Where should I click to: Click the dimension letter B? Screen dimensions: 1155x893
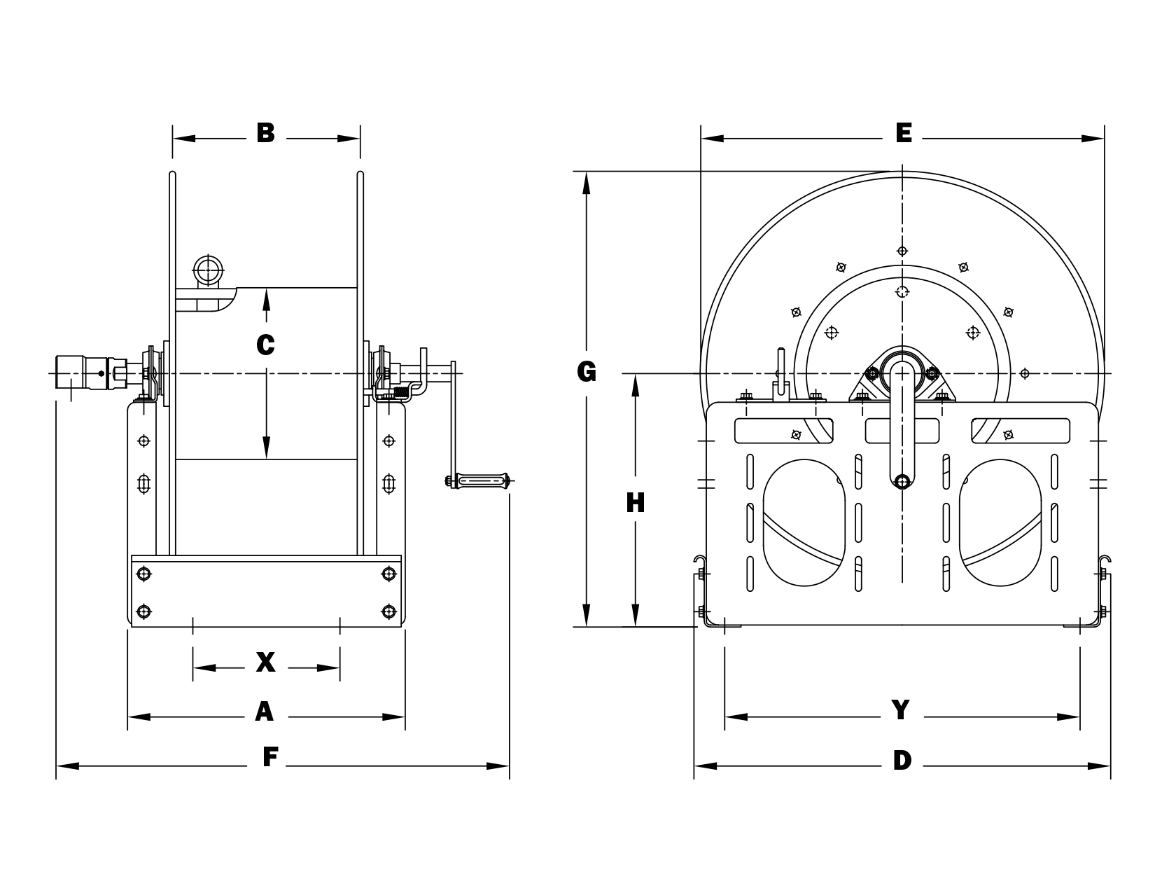click(x=266, y=133)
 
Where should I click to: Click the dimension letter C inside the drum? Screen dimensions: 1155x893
click(x=266, y=345)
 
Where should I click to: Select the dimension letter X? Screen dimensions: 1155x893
click(x=266, y=662)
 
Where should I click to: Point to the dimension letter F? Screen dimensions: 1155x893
click(x=270, y=757)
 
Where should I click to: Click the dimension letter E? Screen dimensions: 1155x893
click(x=904, y=133)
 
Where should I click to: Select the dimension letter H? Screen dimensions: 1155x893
click(x=635, y=503)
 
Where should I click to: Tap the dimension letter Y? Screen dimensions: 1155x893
click(x=900, y=710)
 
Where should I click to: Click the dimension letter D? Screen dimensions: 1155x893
click(x=902, y=760)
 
